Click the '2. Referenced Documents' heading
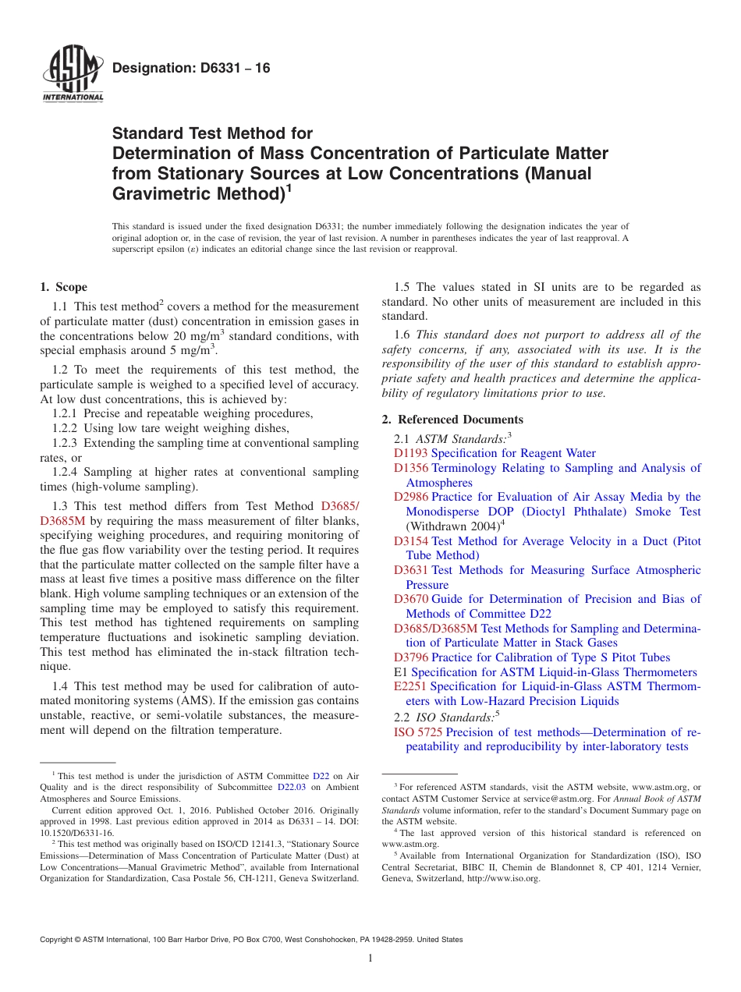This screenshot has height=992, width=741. point(452,420)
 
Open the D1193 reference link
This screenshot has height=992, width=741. point(410,453)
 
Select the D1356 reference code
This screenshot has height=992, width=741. point(410,468)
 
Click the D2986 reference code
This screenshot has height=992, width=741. point(410,497)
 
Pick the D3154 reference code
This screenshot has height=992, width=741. point(410,541)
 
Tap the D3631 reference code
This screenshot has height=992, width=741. point(410,570)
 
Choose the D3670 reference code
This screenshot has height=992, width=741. point(410,599)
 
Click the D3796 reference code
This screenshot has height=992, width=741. point(410,657)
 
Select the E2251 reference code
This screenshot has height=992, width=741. point(409,686)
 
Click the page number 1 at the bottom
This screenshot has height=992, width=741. point(370,959)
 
